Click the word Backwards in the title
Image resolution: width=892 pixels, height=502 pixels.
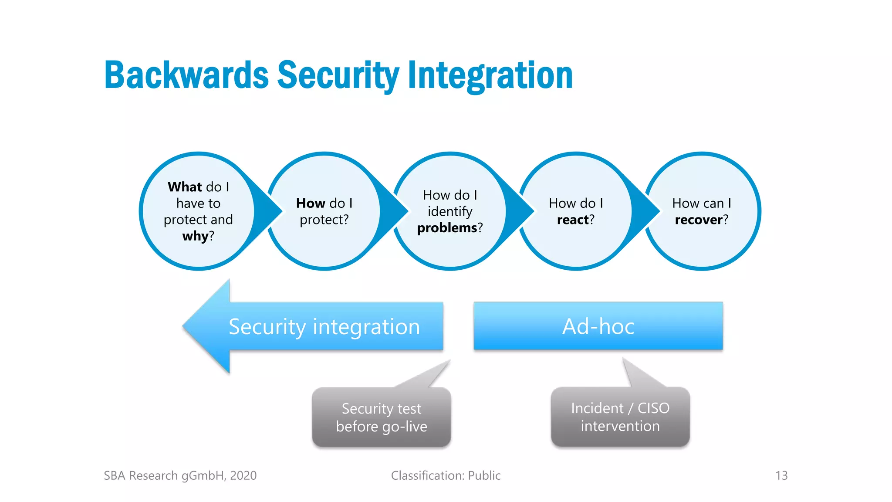tap(186, 75)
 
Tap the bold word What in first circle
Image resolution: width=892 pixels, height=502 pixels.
tap(185, 187)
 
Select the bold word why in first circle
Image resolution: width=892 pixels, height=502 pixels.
tap(195, 236)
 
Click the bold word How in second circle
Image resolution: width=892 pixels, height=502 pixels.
tap(311, 203)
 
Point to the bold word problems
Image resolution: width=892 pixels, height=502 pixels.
tap(447, 228)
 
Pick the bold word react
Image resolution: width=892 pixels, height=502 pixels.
tap(573, 220)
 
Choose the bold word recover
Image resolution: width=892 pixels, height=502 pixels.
tap(699, 220)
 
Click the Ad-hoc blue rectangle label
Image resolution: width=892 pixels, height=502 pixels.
tap(598, 326)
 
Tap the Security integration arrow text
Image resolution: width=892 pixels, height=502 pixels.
tap(324, 327)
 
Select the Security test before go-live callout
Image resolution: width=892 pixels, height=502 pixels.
tap(381, 417)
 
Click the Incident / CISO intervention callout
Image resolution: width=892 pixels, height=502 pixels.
tap(620, 417)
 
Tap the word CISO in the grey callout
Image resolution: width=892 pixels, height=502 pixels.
tap(653, 408)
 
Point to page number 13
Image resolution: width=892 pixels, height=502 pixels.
tap(781, 475)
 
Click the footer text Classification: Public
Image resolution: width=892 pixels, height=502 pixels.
tap(446, 475)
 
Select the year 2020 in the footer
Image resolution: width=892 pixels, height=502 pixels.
tap(243, 475)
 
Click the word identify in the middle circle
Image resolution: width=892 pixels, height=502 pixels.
tap(450, 211)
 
